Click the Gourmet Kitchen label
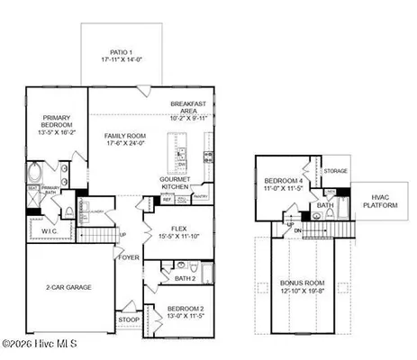[181, 183]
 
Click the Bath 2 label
[185, 278]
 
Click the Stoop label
[129, 319]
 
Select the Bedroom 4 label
[283, 183]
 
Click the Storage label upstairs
[336, 170]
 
